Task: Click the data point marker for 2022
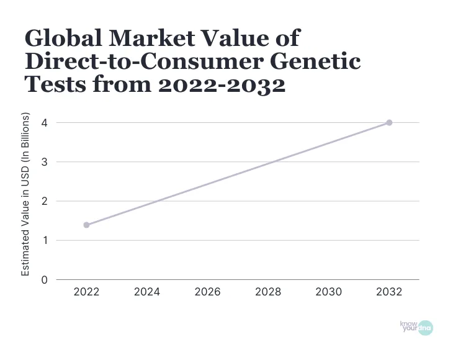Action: pos(86,225)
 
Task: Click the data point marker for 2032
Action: pos(389,122)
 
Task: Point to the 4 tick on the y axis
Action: pos(44,122)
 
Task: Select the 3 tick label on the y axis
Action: pos(44,162)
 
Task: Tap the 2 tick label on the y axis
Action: pos(44,201)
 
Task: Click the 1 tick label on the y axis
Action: pos(44,240)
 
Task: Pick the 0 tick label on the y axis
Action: pos(44,279)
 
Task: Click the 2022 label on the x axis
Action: pos(86,292)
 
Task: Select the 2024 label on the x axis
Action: pos(147,292)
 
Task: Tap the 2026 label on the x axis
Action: pos(207,292)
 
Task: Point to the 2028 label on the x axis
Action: pos(268,292)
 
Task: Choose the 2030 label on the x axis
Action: pos(329,292)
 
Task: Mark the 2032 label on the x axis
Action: pos(389,292)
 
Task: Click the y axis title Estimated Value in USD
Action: pos(26,195)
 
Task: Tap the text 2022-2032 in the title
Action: pos(222,84)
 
